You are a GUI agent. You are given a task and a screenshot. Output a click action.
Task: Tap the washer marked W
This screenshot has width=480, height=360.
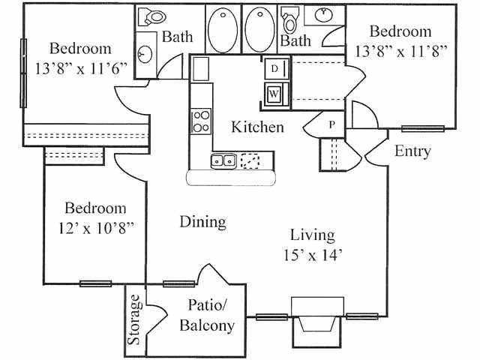click(x=274, y=94)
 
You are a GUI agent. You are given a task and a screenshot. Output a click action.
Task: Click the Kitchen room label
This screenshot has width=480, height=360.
click(x=257, y=127)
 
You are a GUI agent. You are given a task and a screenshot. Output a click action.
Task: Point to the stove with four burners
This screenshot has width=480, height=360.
click(x=200, y=121)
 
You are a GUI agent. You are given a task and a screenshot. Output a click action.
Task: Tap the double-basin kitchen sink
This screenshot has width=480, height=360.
click(x=224, y=159)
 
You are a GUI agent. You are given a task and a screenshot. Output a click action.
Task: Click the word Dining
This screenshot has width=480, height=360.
click(x=202, y=222)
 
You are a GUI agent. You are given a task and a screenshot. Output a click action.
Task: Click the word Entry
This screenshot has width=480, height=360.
click(x=412, y=151)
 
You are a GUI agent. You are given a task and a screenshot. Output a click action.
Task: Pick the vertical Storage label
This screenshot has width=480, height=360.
click(x=135, y=319)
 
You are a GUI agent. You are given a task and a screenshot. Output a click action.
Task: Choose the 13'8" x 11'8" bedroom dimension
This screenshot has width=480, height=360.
click(x=400, y=51)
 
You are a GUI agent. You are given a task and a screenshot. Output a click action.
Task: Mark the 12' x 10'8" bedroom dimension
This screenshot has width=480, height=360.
click(x=94, y=226)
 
